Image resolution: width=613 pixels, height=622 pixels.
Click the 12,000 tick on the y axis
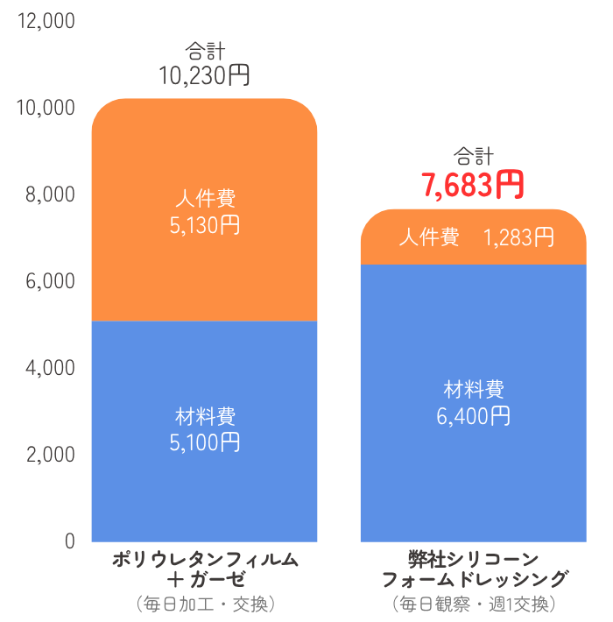(46, 21)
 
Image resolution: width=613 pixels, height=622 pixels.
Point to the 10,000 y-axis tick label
(46, 108)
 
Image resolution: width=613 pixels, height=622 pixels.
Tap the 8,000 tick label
(50, 194)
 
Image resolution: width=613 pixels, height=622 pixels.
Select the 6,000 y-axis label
(50, 281)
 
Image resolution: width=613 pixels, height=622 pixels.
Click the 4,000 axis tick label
(50, 368)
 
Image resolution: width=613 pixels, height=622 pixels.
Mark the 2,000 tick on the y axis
(51, 455)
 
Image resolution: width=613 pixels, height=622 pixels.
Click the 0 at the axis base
(70, 541)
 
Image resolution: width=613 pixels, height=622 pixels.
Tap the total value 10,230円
(204, 75)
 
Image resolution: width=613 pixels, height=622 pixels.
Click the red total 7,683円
(472, 185)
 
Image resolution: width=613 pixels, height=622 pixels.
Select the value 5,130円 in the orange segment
(205, 225)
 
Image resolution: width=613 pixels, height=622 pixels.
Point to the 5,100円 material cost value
(205, 442)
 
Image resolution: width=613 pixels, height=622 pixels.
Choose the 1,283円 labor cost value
(518, 237)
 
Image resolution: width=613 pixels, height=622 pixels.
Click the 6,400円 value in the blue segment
(473, 416)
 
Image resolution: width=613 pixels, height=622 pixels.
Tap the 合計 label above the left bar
(205, 51)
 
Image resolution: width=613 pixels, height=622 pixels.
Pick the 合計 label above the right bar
(474, 156)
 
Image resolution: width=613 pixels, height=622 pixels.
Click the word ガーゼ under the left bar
(218, 580)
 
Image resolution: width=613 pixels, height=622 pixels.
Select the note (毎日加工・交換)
(205, 604)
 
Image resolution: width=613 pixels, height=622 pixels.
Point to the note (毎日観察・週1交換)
(474, 604)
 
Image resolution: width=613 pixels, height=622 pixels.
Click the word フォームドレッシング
(475, 580)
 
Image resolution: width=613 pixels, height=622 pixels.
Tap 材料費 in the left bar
(205, 416)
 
